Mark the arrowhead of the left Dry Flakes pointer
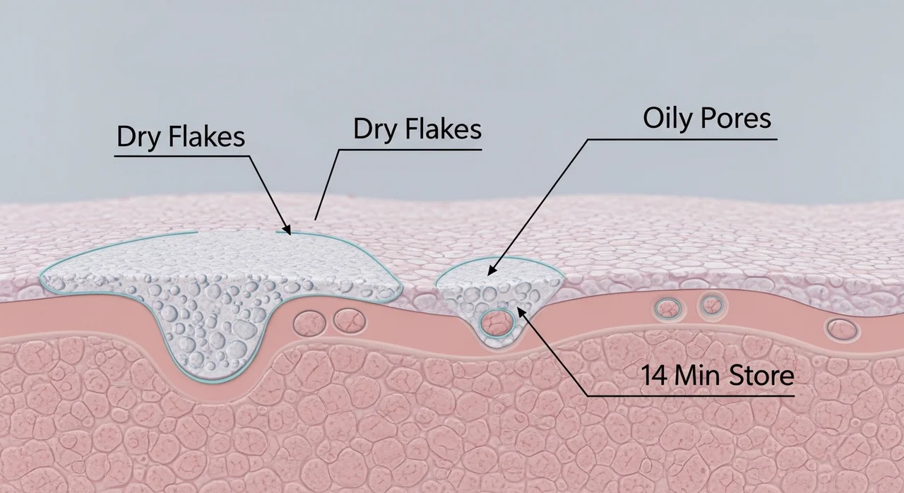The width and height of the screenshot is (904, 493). click(286, 229)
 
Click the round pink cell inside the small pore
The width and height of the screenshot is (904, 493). click(496, 323)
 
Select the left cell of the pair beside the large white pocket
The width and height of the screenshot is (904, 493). click(309, 323)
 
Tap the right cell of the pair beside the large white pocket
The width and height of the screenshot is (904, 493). click(350, 321)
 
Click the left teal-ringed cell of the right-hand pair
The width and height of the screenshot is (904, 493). click(668, 309)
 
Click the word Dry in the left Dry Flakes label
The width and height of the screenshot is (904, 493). click(138, 138)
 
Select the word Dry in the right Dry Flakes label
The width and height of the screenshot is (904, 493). click(375, 130)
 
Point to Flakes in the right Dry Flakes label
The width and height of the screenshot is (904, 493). click(444, 129)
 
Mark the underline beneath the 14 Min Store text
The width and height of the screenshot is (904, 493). click(691, 396)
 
